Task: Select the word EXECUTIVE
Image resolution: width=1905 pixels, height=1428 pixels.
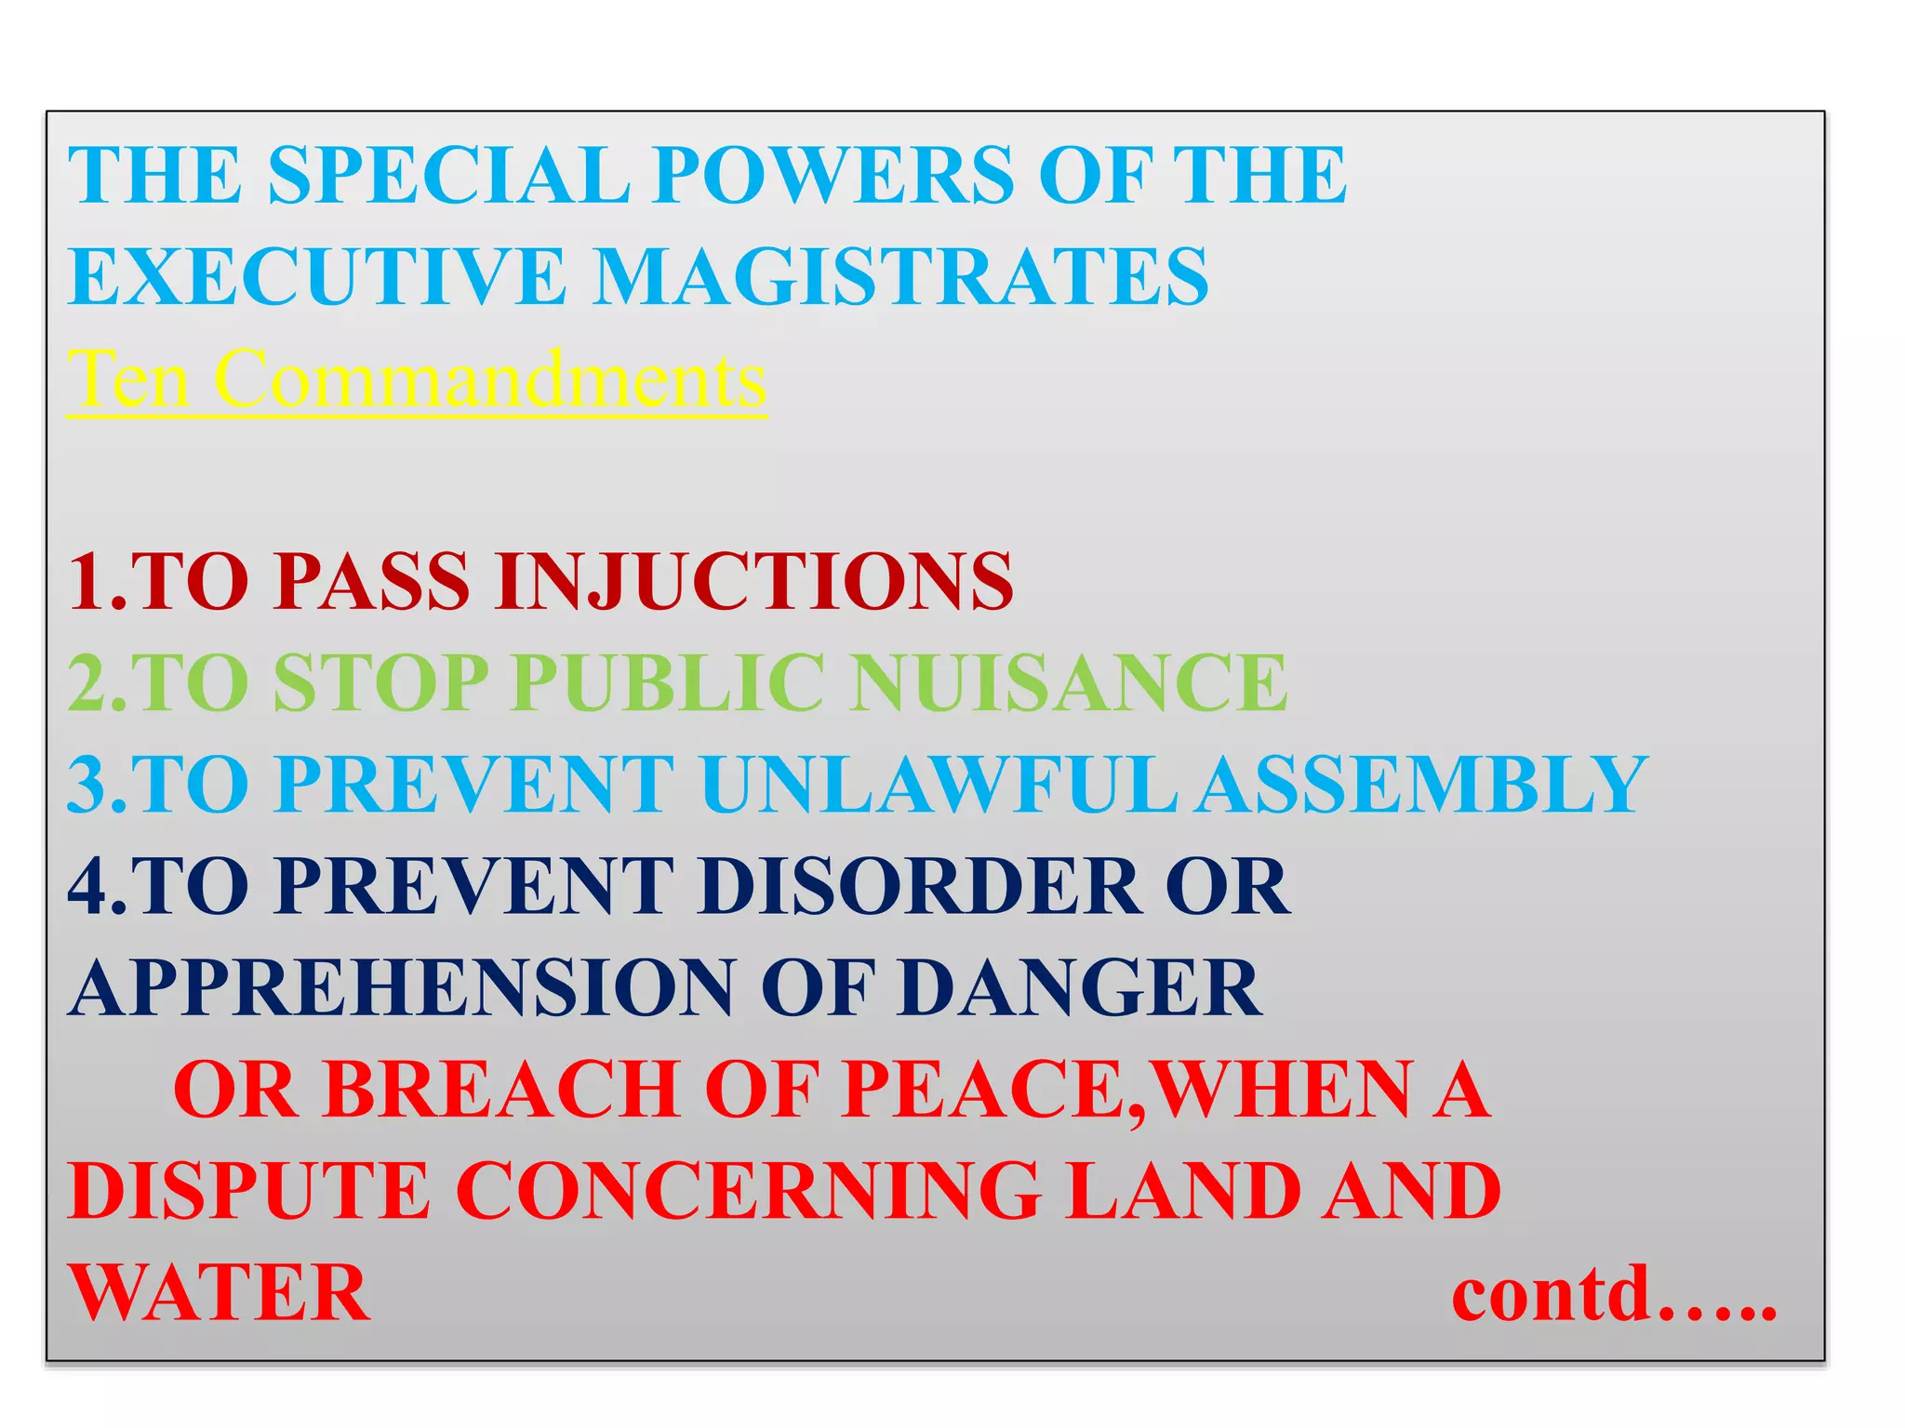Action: click(317, 276)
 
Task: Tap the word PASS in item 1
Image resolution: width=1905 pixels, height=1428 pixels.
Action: click(372, 581)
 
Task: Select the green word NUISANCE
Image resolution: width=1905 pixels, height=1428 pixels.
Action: click(1070, 683)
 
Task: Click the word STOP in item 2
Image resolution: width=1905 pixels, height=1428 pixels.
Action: click(381, 683)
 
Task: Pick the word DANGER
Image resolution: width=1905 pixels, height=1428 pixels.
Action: click(1080, 987)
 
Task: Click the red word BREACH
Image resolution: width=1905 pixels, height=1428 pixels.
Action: click(502, 1090)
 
